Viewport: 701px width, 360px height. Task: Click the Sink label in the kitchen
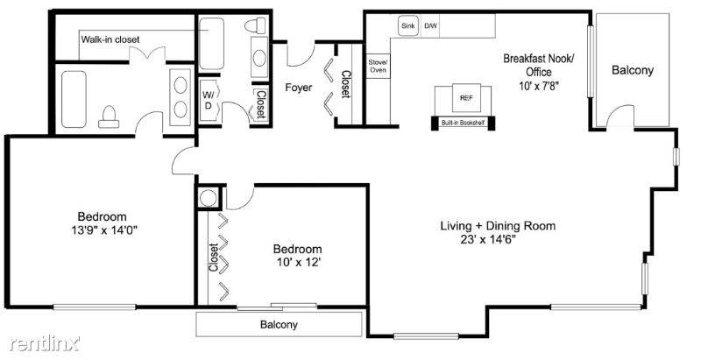coord(407,26)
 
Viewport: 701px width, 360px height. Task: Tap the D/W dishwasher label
coord(430,26)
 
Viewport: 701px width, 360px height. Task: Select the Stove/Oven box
coord(379,66)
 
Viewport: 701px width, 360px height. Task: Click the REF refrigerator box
coord(466,98)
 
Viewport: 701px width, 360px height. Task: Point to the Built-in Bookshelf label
coord(463,123)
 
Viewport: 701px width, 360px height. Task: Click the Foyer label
coord(299,88)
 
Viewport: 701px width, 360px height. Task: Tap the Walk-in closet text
coord(110,39)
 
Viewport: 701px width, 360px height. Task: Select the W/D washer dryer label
coord(208,101)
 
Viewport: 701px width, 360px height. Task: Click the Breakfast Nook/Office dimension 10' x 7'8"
coord(539,85)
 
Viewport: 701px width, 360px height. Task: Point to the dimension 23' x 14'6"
coord(488,239)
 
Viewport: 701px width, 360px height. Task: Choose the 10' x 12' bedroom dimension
coord(297,263)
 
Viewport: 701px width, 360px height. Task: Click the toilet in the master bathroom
coord(109,117)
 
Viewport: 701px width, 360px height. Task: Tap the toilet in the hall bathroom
coord(255,26)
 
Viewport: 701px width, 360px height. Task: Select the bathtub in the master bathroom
coord(74,99)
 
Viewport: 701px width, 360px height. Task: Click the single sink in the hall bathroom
coord(259,58)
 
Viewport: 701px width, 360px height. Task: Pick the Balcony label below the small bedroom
coord(279,325)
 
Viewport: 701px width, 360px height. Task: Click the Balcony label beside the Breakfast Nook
coord(633,70)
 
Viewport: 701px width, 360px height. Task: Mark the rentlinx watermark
coord(45,343)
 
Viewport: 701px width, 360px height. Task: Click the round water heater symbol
coord(209,197)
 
